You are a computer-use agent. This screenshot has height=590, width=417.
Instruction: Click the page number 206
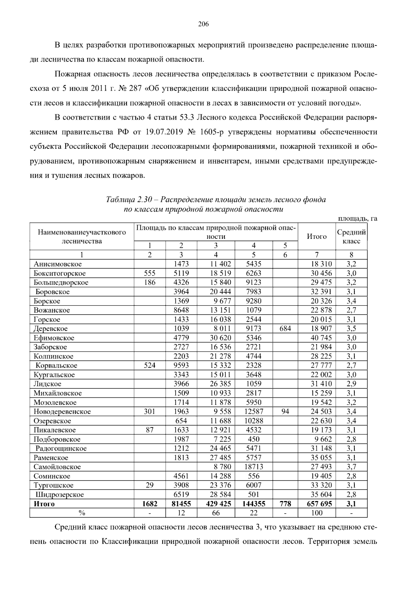203,24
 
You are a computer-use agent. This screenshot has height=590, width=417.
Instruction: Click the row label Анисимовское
58,264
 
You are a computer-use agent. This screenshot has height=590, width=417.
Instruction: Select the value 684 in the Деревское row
285,329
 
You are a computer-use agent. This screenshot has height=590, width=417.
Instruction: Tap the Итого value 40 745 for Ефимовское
321,338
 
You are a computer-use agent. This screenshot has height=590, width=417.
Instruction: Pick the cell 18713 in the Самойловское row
254,467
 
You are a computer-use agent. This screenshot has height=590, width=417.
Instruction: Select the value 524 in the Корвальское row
149,365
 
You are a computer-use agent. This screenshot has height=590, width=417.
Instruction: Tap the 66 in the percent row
216,513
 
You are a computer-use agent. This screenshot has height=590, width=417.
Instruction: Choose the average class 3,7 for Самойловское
351,467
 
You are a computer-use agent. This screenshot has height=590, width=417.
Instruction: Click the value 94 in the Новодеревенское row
285,412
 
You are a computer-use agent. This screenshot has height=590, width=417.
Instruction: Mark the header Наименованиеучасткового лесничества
82,237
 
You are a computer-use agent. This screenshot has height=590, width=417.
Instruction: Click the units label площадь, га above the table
358,219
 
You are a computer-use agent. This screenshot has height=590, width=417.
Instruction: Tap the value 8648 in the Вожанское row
181,310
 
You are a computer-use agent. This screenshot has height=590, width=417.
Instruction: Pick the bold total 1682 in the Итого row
149,504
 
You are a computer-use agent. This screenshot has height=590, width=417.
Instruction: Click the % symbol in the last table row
82,513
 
